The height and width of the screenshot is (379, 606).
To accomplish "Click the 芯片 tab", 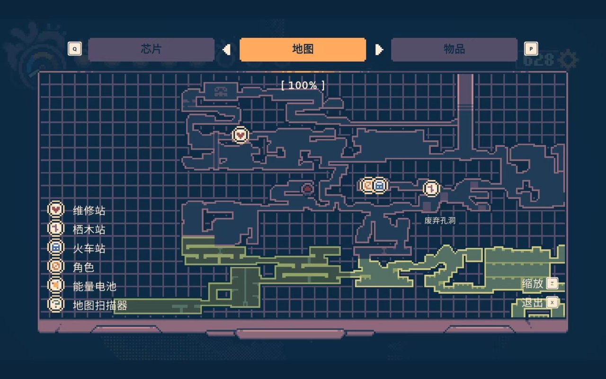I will click(x=151, y=49).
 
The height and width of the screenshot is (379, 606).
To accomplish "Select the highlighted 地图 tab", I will click(x=303, y=49).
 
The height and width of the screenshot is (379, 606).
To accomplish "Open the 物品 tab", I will click(x=454, y=49).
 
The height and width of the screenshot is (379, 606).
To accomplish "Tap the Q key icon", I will click(x=75, y=49).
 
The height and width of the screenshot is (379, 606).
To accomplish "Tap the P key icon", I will click(x=531, y=49).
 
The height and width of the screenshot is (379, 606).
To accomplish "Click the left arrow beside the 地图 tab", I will click(x=227, y=49).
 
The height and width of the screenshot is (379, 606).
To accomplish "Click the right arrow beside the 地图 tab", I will click(x=379, y=49).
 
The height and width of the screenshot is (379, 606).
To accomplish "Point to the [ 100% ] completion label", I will click(x=303, y=85).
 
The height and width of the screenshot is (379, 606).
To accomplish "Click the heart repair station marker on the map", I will click(x=241, y=135).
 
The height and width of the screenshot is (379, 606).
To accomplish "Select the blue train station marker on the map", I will click(x=379, y=185).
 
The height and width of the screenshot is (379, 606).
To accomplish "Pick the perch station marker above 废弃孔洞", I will click(x=431, y=189).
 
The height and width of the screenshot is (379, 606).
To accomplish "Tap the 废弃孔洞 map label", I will click(x=440, y=220).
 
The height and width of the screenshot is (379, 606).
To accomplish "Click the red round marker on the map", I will click(x=307, y=189).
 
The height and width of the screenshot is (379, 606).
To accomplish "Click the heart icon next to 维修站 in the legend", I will click(x=56, y=209).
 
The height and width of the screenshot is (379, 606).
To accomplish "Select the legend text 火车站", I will click(x=89, y=248).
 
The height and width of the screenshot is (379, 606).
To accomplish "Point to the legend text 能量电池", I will click(x=94, y=286).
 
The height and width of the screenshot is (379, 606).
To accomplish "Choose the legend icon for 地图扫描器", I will click(x=56, y=304).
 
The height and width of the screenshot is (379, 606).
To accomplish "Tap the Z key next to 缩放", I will click(x=552, y=283).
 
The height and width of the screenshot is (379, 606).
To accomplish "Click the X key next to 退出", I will click(x=552, y=302).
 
